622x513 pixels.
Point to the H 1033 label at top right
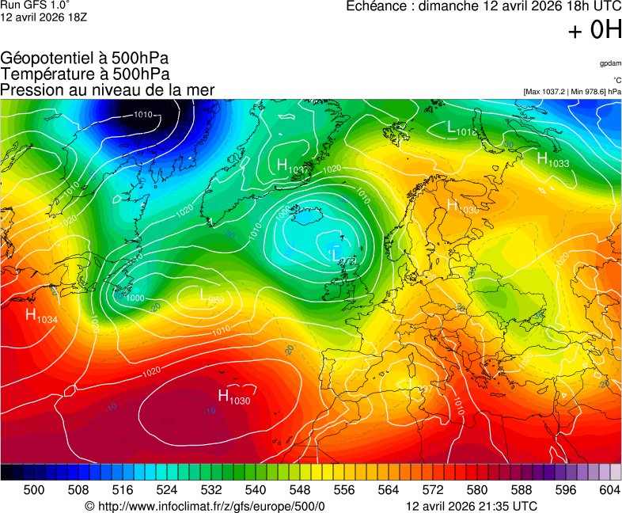(x=552, y=160)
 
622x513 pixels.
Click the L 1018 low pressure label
(x=462, y=128)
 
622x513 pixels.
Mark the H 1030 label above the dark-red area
(x=233, y=397)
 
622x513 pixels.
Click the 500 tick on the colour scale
(x=34, y=490)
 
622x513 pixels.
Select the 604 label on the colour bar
(x=610, y=490)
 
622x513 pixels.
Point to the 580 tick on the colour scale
(x=477, y=490)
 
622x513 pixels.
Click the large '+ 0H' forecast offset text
(x=594, y=30)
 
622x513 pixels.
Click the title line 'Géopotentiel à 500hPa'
(x=85, y=59)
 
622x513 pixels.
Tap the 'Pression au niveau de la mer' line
(x=108, y=90)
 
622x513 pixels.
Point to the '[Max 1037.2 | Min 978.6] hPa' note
(x=572, y=92)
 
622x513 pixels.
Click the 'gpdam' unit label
(x=610, y=63)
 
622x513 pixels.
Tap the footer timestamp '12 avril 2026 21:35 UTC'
(x=471, y=506)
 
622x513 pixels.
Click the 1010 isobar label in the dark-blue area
(x=143, y=115)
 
